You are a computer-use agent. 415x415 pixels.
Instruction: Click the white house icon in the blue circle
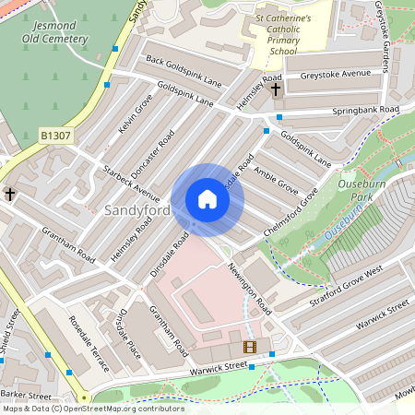[207, 199]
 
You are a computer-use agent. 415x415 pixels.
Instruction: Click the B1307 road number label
[55, 136]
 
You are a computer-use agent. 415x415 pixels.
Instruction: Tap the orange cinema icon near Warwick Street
[248, 347]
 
